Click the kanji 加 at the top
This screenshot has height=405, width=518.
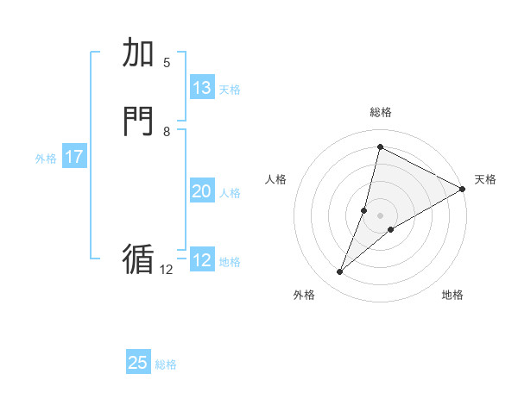click(x=139, y=53)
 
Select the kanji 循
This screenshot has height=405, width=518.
click(x=138, y=259)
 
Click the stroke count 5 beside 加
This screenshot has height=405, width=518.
click(x=167, y=62)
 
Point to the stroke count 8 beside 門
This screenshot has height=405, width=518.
click(x=167, y=131)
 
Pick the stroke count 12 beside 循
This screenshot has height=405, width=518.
click(x=167, y=269)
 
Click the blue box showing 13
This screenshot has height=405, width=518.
click(x=202, y=88)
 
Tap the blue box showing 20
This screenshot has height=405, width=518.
click(x=202, y=191)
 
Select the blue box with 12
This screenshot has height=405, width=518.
click(x=202, y=260)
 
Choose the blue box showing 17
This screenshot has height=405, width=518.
click(x=74, y=157)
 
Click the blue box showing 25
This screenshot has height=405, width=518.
click(x=138, y=363)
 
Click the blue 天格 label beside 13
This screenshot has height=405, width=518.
click(x=230, y=90)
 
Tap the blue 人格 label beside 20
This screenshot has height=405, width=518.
click(x=230, y=193)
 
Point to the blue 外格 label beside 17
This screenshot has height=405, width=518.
click(x=46, y=159)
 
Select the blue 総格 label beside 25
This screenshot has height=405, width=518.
click(x=166, y=364)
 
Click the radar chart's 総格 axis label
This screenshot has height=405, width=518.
click(x=380, y=112)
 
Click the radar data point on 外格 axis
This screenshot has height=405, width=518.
click(x=340, y=272)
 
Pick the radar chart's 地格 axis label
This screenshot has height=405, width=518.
click(x=452, y=296)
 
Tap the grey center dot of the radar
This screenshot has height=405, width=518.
click(x=380, y=215)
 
